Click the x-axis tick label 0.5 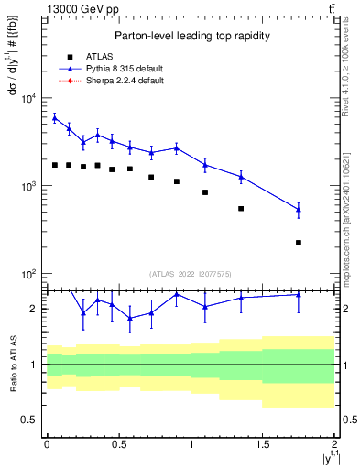[118, 444]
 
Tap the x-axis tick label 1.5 [263, 444]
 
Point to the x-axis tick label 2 [335, 444]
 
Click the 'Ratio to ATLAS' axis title [12, 364]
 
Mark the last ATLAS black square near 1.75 [299, 243]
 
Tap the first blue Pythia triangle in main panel [55, 117]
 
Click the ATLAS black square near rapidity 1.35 [241, 209]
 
